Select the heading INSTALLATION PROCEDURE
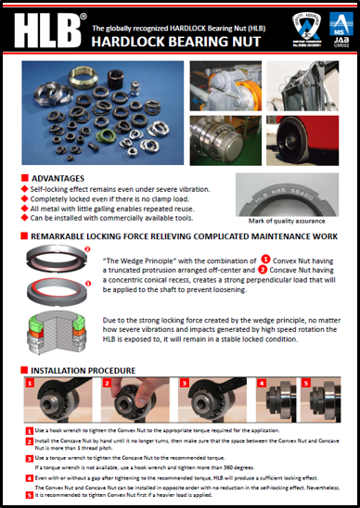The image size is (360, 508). [x=84, y=370]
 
